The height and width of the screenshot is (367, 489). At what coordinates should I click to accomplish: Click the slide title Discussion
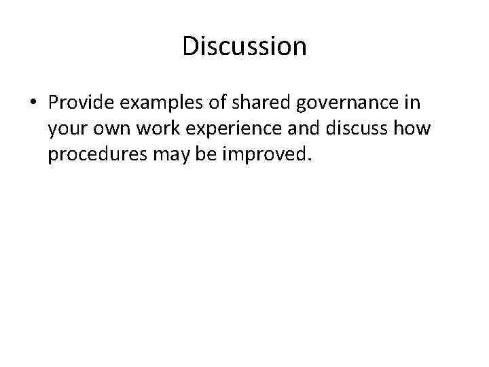click(x=244, y=46)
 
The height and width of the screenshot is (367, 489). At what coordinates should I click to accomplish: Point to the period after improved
click(x=311, y=161)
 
